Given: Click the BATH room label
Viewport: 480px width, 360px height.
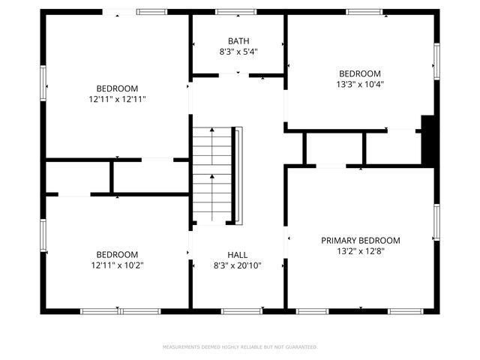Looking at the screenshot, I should pyautogui.click(x=238, y=41).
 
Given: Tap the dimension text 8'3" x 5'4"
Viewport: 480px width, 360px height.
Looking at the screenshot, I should pyautogui.click(x=238, y=52).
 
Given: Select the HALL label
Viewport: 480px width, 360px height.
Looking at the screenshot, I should pyautogui.click(x=238, y=255).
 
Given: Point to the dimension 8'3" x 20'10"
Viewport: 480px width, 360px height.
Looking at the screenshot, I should pyautogui.click(x=238, y=265).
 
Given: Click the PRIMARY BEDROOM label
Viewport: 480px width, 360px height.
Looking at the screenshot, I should pyautogui.click(x=360, y=241).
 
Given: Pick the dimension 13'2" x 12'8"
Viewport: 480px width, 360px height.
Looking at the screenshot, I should pyautogui.click(x=360, y=251).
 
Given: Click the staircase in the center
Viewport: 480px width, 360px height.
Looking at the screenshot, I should pyautogui.click(x=211, y=175).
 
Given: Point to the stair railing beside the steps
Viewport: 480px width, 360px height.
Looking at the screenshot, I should pyautogui.click(x=238, y=175).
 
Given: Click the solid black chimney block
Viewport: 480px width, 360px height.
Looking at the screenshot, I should pyautogui.click(x=428, y=139).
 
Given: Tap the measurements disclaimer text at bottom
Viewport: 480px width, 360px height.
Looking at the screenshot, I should pyautogui.click(x=240, y=347).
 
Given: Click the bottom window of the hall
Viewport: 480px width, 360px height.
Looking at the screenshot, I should pyautogui.click(x=237, y=310).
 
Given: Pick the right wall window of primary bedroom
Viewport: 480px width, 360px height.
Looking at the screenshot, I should pyautogui.click(x=436, y=223).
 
